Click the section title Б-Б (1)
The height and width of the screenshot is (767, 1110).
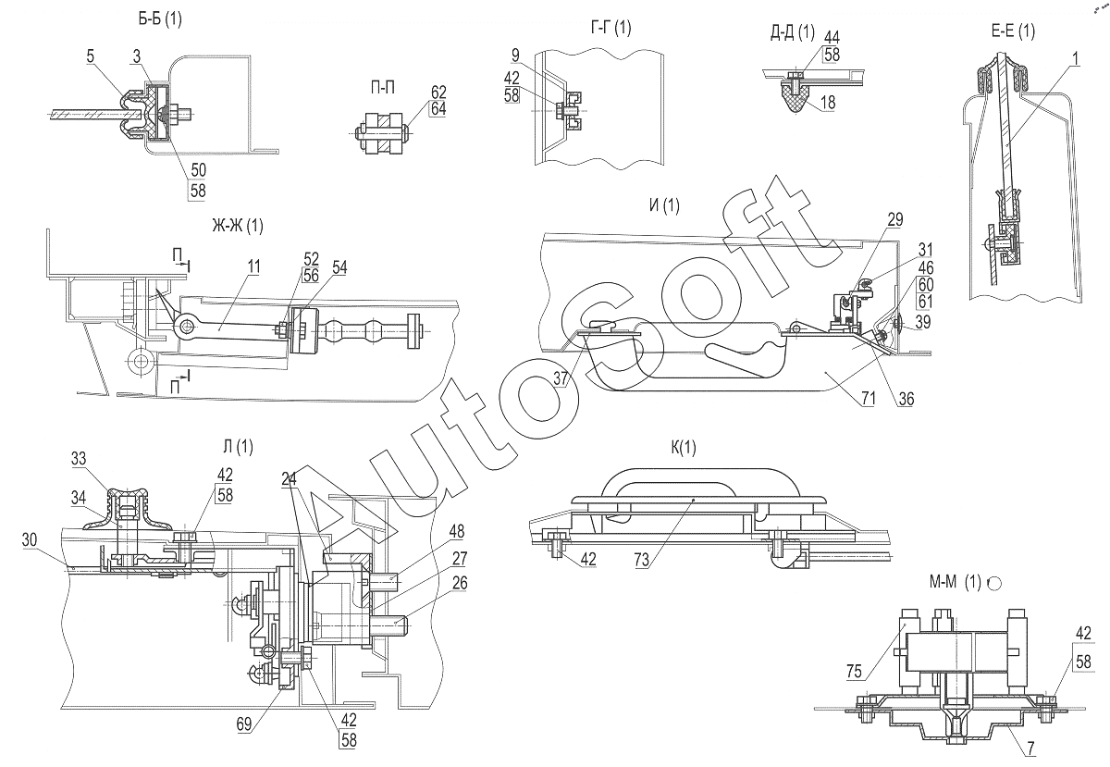pyautogui.click(x=159, y=19)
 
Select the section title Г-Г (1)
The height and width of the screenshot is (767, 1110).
pyautogui.click(x=611, y=27)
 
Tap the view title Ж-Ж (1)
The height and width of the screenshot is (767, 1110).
pyautogui.click(x=238, y=226)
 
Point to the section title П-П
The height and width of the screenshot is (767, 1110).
pyautogui.click(x=383, y=88)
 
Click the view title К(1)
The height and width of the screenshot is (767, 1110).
pyautogui.click(x=684, y=448)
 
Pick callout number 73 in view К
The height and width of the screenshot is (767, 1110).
pyautogui.click(x=641, y=561)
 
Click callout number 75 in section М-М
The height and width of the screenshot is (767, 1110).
pyautogui.click(x=854, y=672)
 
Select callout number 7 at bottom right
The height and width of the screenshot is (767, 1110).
pyautogui.click(x=1030, y=748)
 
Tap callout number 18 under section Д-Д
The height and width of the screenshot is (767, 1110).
pyautogui.click(x=828, y=103)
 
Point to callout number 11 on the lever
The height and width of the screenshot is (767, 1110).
pyautogui.click(x=253, y=266)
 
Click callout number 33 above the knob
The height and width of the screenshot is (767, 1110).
pyautogui.click(x=79, y=459)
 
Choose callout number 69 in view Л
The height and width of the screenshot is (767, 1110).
pyautogui.click(x=244, y=724)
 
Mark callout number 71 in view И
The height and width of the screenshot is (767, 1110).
pyautogui.click(x=868, y=398)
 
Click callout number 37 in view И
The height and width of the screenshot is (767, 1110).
pyautogui.click(x=561, y=378)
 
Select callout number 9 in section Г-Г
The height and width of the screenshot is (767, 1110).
pyautogui.click(x=515, y=56)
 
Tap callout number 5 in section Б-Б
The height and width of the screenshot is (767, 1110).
pyautogui.click(x=90, y=56)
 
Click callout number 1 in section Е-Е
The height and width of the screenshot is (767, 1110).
pyautogui.click(x=1075, y=58)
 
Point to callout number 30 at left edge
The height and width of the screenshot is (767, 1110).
pyautogui.click(x=30, y=540)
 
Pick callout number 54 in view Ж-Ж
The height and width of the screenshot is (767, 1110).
pyautogui.click(x=340, y=267)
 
